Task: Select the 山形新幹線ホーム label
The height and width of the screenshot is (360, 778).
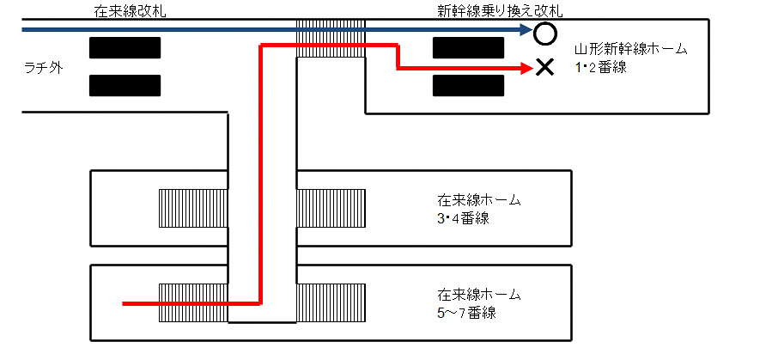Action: pos(631,49)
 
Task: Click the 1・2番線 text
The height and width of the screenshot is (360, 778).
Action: pos(601,66)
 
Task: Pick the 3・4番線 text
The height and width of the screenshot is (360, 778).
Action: pos(463,217)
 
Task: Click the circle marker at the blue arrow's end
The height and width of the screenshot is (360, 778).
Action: pos(544,34)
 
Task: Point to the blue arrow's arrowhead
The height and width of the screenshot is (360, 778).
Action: pos(527,30)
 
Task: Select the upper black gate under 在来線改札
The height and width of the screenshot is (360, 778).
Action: pos(125,47)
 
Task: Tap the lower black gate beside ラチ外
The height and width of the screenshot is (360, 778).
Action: pos(125,85)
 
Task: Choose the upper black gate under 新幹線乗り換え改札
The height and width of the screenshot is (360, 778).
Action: pos(468,47)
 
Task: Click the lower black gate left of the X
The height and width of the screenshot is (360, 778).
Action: pos(468,85)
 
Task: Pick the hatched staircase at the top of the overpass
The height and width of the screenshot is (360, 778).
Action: pos(331,39)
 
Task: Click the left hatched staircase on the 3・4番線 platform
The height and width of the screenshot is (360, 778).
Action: pos(193,208)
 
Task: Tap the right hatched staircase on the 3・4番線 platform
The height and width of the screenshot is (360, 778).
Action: pos(331,208)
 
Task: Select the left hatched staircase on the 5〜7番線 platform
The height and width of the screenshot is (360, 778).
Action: pos(193,302)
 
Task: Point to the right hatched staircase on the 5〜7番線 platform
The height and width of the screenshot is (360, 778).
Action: pos(331,302)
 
